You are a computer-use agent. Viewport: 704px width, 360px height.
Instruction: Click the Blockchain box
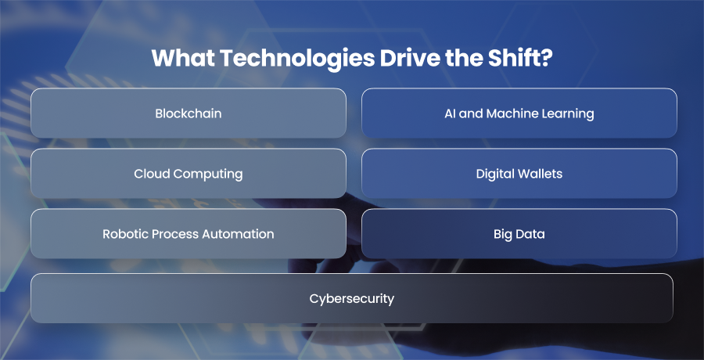pyautogui.click(x=188, y=113)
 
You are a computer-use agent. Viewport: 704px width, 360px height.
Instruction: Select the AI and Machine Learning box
pyautogui.click(x=519, y=113)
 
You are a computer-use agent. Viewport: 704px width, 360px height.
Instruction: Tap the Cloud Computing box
pyautogui.click(x=188, y=174)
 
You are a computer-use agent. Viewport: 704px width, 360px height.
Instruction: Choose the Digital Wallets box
pyautogui.click(x=519, y=174)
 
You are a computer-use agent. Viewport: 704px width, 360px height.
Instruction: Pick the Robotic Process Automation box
pyautogui.click(x=188, y=234)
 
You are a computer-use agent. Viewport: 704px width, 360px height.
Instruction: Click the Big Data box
pyautogui.click(x=519, y=234)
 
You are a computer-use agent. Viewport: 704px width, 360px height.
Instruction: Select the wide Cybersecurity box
pyautogui.click(x=351, y=298)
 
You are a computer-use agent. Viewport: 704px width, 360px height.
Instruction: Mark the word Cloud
pyautogui.click(x=149, y=174)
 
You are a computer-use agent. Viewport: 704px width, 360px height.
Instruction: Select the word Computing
pyautogui.click(x=206, y=175)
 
